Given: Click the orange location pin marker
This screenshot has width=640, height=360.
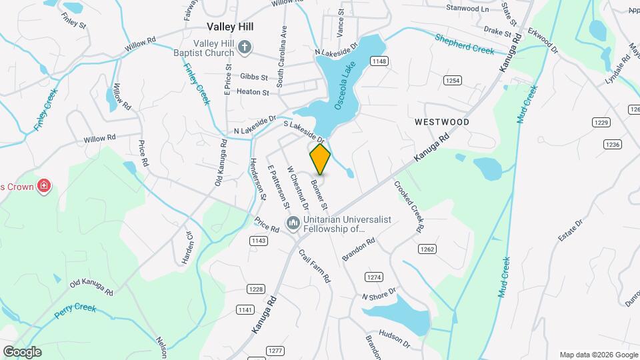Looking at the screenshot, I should tap(320, 159).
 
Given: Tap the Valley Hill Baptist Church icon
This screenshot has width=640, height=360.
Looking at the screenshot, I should tap(245, 47).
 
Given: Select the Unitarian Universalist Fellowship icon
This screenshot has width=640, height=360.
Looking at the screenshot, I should tap(292, 222).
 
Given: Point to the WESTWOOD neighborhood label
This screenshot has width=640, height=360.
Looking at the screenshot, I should tap(441, 122).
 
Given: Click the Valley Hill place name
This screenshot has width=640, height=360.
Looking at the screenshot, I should tap(231, 27).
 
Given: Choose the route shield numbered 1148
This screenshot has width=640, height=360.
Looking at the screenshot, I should tap(380, 61).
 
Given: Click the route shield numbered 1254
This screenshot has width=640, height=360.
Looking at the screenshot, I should tap(453, 80).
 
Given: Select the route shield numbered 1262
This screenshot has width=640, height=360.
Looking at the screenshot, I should tap(427, 249).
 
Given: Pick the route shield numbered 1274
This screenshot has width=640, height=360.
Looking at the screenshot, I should tap(374, 277).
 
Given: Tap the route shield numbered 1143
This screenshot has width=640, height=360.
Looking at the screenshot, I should tap(259, 240).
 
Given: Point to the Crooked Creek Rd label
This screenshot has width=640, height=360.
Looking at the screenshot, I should tap(408, 207).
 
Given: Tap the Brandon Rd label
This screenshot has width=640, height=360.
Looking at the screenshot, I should tap(359, 249).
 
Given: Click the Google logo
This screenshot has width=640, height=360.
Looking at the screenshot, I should tap(22, 352).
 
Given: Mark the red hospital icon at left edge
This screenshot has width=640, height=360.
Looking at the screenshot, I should tap(44, 185).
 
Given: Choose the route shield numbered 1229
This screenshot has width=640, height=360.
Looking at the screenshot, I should tap(602, 122).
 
